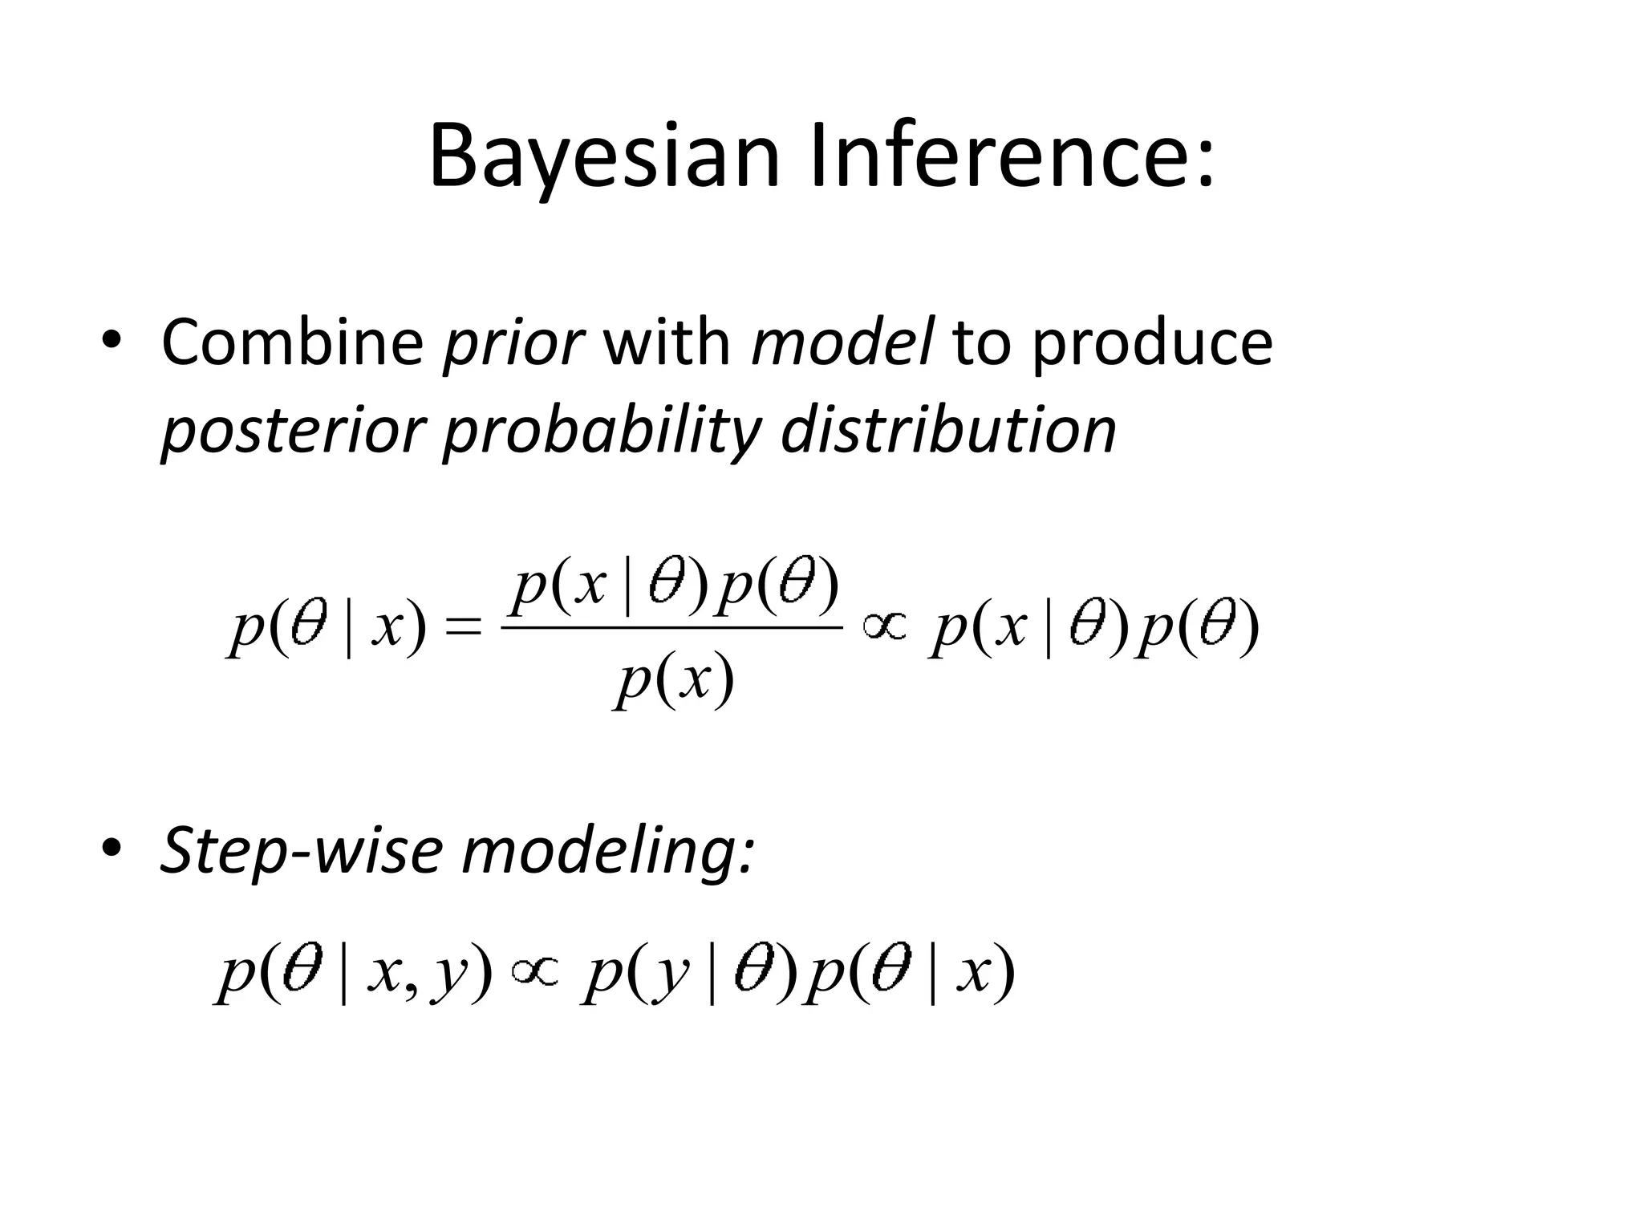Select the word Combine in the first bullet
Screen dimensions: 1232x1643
click(x=292, y=343)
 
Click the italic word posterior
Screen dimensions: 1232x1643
click(x=292, y=433)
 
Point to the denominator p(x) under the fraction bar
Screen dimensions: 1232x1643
click(x=674, y=681)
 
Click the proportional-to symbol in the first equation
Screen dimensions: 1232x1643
click(x=884, y=625)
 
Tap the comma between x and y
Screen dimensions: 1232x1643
click(x=411, y=988)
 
